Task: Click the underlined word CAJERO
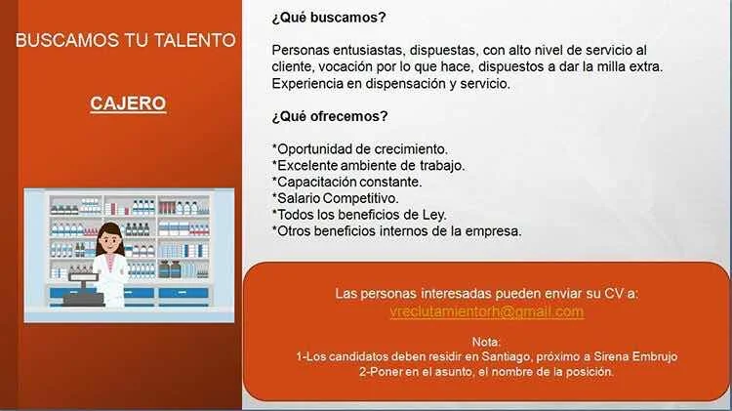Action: [128, 103]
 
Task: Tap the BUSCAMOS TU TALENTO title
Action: [126, 40]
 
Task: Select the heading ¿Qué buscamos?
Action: [329, 18]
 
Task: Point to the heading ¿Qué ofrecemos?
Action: [330, 116]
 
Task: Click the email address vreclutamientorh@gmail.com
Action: [486, 311]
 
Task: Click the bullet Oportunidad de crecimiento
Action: [360, 149]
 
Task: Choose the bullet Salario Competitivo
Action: [335, 198]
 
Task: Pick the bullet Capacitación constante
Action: [346, 182]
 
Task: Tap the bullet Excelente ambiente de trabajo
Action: [368, 166]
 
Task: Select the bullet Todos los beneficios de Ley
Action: [359, 215]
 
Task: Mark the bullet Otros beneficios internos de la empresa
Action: [397, 231]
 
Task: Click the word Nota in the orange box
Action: [485, 342]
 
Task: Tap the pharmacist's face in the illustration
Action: [109, 239]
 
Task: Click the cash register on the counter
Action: [84, 291]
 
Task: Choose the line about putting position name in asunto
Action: [486, 372]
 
